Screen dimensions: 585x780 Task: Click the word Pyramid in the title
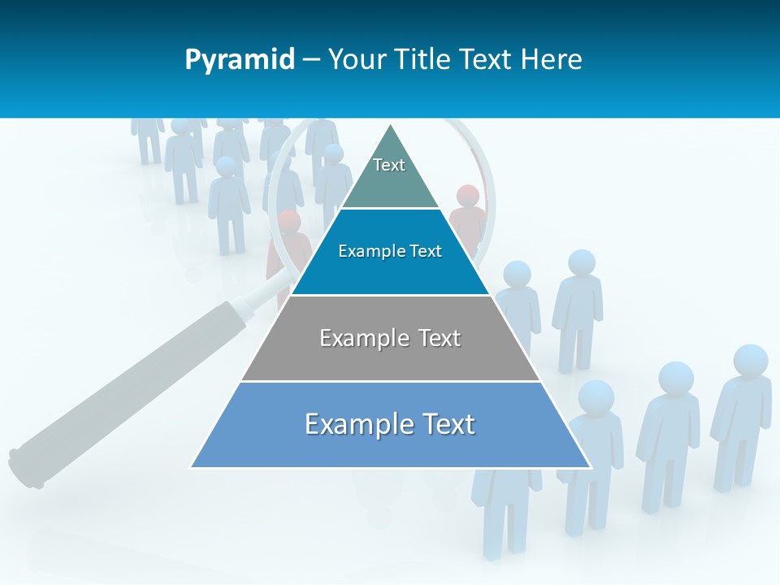click(239, 60)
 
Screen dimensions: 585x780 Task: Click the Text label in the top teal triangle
click(389, 165)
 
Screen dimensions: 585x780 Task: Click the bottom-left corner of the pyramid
click(193, 466)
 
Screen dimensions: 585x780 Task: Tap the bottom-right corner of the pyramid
click(589, 466)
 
